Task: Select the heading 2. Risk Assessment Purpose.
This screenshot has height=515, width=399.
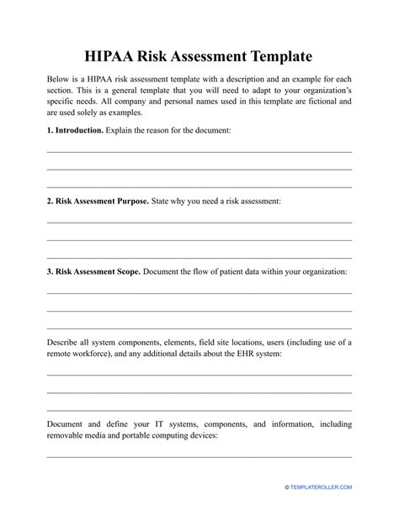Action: click(98, 202)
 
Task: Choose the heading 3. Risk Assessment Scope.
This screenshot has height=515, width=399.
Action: click(93, 272)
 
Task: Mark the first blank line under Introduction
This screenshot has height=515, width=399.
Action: click(199, 151)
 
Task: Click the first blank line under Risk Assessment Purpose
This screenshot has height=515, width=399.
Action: click(199, 222)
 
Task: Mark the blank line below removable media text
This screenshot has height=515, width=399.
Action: click(199, 457)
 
